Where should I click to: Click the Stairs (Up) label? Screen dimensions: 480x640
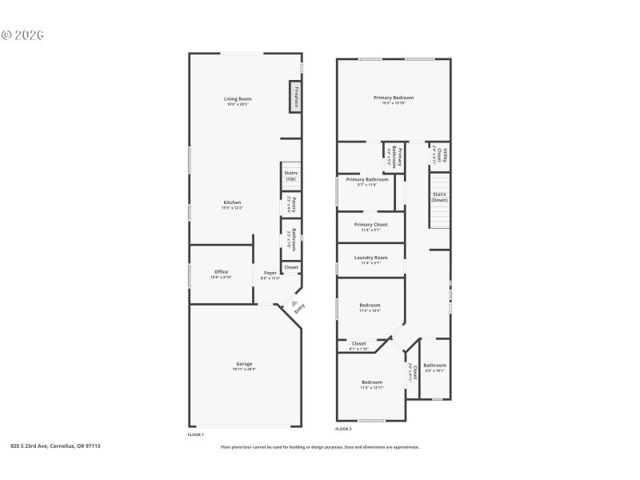pyautogui.click(x=290, y=176)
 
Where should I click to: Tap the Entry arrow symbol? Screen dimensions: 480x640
pyautogui.click(x=294, y=302)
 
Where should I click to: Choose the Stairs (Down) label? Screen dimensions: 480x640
pyautogui.click(x=440, y=197)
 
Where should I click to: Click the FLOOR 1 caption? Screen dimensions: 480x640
pyautogui.click(x=195, y=434)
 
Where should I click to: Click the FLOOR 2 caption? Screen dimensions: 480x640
pyautogui.click(x=343, y=430)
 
